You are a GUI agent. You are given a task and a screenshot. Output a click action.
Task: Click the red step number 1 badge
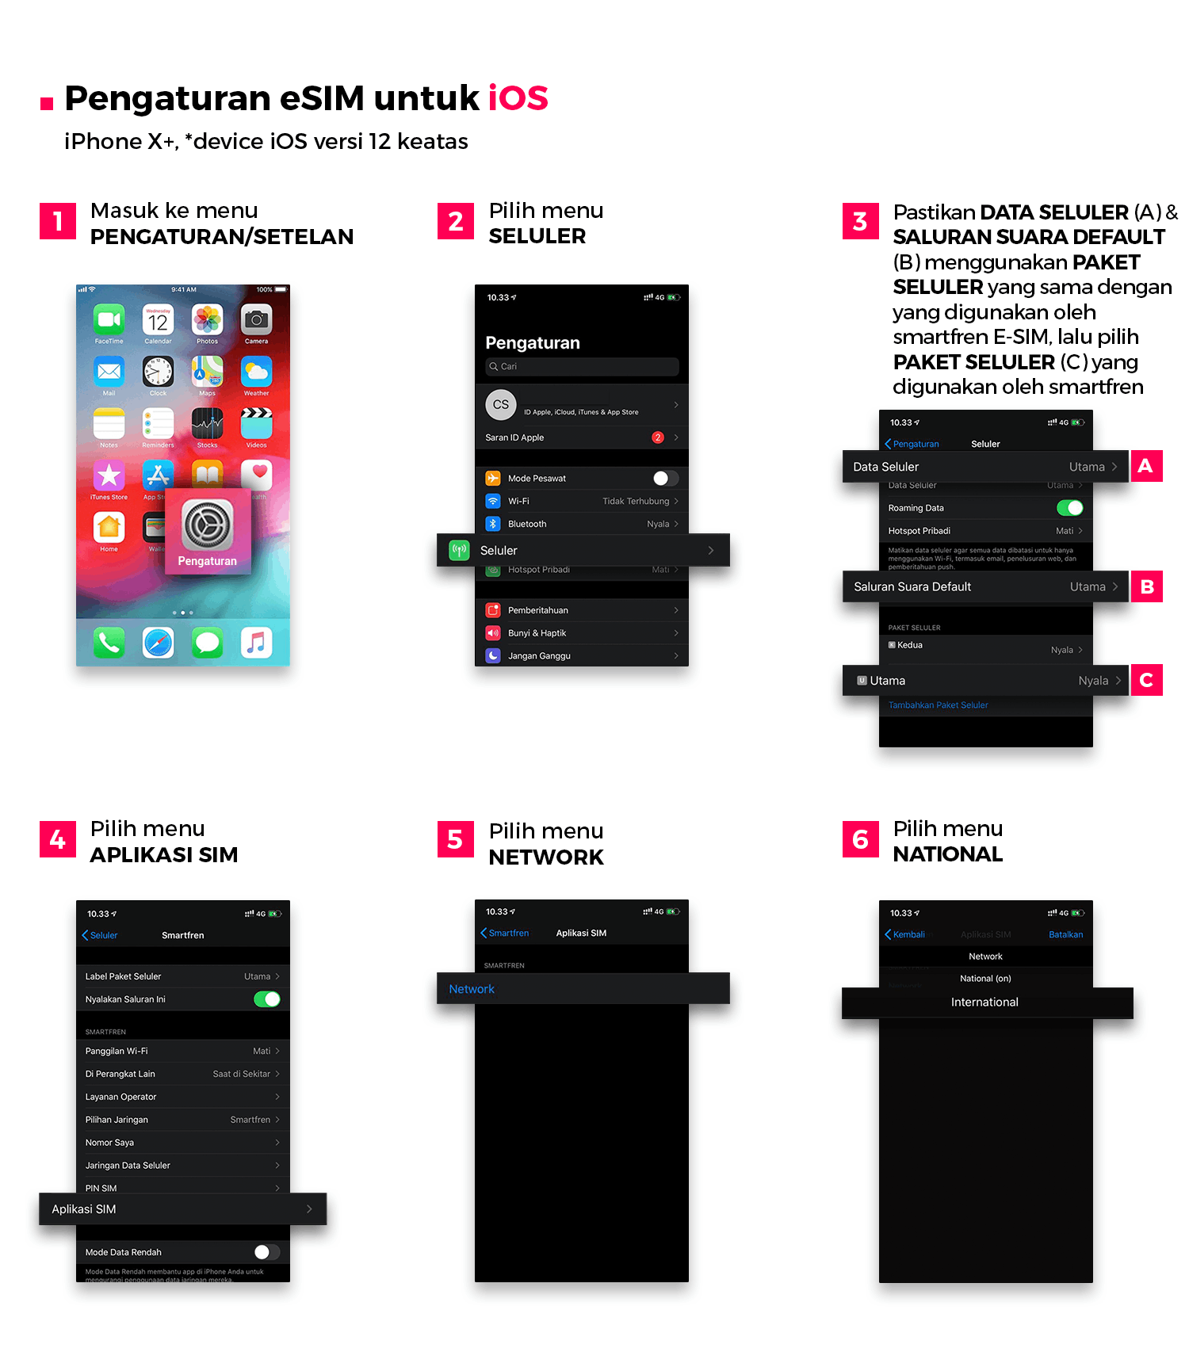(x=58, y=221)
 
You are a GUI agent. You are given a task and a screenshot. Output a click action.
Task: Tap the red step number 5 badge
(x=455, y=840)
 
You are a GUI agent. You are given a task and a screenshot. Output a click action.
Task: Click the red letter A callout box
(x=1145, y=466)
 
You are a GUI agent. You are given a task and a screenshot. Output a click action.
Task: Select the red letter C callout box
(x=1146, y=681)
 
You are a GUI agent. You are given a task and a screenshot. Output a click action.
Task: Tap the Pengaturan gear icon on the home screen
(x=208, y=525)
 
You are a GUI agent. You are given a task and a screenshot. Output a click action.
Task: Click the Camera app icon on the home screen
(x=256, y=319)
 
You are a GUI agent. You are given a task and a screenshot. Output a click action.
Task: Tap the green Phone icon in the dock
(x=109, y=643)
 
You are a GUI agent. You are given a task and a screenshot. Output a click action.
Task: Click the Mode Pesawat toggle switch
(x=665, y=478)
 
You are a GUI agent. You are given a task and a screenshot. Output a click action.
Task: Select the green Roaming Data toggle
(x=1069, y=508)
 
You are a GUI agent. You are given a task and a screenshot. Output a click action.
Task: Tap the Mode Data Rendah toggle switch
(x=266, y=1252)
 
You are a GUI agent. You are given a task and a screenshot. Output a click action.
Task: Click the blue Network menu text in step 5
(x=472, y=989)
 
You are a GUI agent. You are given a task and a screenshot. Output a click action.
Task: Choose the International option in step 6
(x=984, y=1002)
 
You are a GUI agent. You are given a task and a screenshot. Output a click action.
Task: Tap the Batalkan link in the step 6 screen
(x=1065, y=934)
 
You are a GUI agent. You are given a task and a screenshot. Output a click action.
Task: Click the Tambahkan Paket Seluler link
(x=938, y=705)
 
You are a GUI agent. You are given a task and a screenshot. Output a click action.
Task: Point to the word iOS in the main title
(x=518, y=98)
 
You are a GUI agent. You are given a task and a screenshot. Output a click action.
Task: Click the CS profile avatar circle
(x=501, y=404)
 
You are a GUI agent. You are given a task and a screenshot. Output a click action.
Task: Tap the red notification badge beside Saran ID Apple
(x=658, y=437)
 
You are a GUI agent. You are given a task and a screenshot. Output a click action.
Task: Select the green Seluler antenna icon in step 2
(x=459, y=550)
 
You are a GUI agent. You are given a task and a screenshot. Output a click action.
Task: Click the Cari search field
(x=582, y=366)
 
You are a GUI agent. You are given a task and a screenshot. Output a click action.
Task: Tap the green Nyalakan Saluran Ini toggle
(x=266, y=999)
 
